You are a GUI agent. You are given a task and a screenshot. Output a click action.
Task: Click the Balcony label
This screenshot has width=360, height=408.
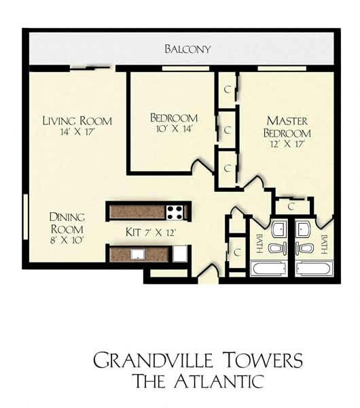coord(187,49)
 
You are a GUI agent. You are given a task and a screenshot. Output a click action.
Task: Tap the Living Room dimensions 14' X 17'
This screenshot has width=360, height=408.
coord(77,132)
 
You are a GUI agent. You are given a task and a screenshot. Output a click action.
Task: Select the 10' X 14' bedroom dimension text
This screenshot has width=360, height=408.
coord(174,129)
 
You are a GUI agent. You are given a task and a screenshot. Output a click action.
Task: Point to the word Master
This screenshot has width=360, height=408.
coord(287,121)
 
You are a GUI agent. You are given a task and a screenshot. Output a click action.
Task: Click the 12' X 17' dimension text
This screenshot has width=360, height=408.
coord(287,143)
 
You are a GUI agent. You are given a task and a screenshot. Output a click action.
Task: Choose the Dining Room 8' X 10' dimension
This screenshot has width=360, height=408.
coord(67,240)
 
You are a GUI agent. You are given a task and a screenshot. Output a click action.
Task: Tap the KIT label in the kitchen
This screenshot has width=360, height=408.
coord(133,232)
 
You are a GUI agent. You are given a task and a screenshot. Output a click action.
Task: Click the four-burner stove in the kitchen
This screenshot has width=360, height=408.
coord(175,213)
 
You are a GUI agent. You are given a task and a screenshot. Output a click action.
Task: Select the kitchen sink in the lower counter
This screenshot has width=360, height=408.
coord(137,254)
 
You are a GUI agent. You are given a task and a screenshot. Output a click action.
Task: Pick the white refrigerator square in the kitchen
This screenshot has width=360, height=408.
coord(179,253)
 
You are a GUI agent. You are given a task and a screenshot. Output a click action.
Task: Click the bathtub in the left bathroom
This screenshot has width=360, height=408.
coord(269,269)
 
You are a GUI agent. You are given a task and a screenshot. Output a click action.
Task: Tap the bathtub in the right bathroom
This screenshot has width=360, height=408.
coord(314,269)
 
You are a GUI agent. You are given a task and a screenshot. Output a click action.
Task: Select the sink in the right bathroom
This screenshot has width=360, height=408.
coord(303,229)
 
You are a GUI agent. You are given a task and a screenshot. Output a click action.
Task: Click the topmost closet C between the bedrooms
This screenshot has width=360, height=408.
coord(228,90)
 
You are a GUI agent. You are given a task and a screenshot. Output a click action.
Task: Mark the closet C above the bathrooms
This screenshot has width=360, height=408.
coord(291,206)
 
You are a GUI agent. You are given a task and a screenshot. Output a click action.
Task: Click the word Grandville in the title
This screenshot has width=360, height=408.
coord(153,360)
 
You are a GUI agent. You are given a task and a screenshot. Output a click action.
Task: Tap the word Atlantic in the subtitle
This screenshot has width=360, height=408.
coord(219,381)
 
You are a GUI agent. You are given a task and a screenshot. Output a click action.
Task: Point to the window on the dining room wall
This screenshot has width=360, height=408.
coord(26,216)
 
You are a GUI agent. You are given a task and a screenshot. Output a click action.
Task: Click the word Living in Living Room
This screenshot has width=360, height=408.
coord(59,121)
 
